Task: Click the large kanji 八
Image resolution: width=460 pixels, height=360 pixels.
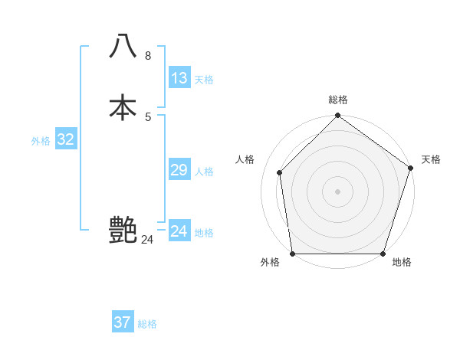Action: click(x=123, y=46)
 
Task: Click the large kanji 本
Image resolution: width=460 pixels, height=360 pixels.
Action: click(x=123, y=107)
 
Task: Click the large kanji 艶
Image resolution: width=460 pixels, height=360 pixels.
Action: click(x=123, y=230)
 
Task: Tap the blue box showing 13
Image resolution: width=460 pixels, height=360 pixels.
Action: click(x=179, y=78)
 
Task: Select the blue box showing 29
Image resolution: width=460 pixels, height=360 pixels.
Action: click(x=179, y=170)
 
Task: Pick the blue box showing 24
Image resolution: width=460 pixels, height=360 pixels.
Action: click(x=179, y=231)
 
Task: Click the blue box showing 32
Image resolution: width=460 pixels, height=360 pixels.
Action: click(x=66, y=139)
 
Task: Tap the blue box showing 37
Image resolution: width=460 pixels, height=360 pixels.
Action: click(x=123, y=322)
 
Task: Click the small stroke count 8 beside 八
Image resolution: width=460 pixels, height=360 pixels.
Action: click(x=148, y=55)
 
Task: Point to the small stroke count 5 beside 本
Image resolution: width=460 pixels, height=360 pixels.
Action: click(x=148, y=116)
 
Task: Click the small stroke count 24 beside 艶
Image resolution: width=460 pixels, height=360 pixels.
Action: click(x=147, y=240)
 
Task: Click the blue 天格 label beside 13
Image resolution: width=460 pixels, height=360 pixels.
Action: click(x=204, y=80)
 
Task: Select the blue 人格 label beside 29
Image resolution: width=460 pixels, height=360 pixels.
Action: click(x=204, y=172)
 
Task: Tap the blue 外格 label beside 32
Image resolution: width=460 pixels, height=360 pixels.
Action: click(x=41, y=141)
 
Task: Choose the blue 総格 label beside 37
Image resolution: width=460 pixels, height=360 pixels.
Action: click(x=147, y=324)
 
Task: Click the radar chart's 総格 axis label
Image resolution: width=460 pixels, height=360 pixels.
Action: click(x=337, y=100)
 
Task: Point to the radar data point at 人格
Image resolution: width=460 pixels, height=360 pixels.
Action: click(x=280, y=172)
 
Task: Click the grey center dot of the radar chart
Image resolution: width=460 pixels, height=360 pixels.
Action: click(x=337, y=191)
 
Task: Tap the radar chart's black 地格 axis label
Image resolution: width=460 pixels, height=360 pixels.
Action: click(x=402, y=263)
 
